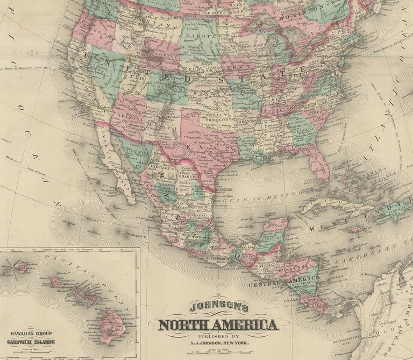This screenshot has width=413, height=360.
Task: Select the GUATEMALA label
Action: pyautogui.click(x=263, y=266)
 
